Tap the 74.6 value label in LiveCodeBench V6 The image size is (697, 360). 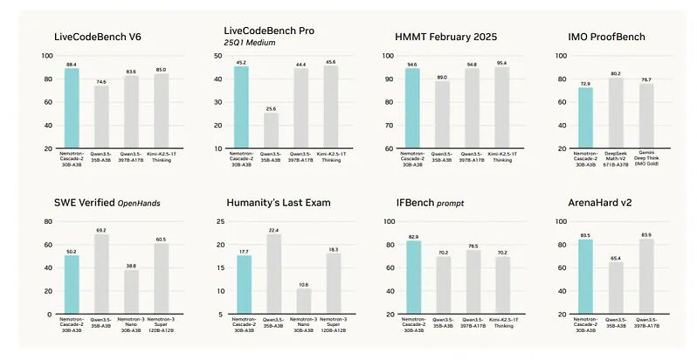click(x=101, y=81)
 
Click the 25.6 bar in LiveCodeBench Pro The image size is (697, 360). click(x=273, y=130)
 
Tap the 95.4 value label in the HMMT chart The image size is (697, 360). click(x=503, y=63)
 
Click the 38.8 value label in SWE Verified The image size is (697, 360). click(x=132, y=265)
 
